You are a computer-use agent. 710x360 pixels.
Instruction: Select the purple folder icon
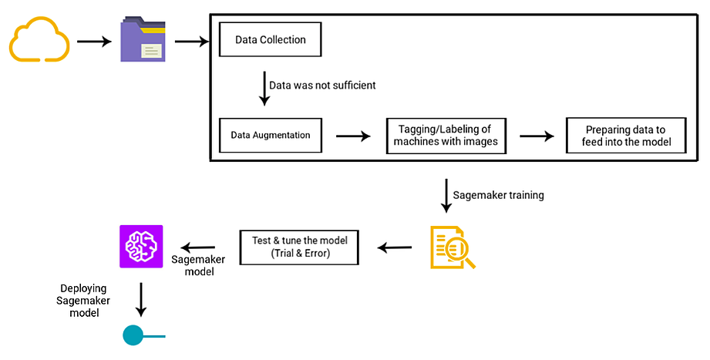click(x=143, y=41)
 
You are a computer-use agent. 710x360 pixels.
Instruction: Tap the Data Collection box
click(x=270, y=40)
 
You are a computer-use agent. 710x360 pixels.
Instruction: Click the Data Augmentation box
click(x=270, y=135)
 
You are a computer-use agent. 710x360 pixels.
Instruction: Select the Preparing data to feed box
click(x=625, y=135)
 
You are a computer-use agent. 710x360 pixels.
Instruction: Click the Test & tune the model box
click(x=299, y=247)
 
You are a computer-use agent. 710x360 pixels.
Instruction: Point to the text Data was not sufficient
click(x=322, y=85)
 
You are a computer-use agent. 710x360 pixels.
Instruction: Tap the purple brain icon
click(x=141, y=247)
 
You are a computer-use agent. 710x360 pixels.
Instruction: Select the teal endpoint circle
click(x=133, y=336)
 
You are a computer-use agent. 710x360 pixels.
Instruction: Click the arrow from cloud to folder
click(x=94, y=41)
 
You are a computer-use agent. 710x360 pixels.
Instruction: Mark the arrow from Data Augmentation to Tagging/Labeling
click(x=353, y=136)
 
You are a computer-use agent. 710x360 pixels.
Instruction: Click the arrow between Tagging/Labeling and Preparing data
click(x=537, y=136)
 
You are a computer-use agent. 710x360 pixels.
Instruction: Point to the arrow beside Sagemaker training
click(x=446, y=196)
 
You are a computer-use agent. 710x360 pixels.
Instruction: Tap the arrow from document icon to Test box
click(x=394, y=247)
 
